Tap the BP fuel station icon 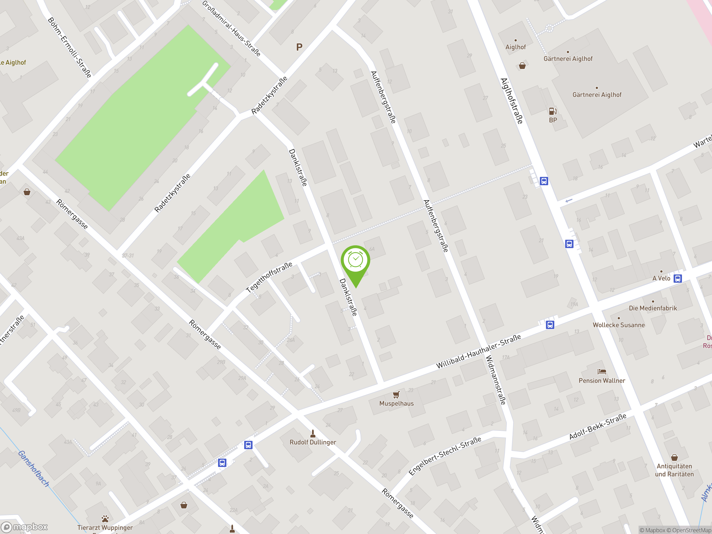coord(553,111)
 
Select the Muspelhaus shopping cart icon coord(396,395)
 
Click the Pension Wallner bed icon coord(602,372)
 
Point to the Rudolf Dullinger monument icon coord(313,434)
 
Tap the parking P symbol coord(299,47)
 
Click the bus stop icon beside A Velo coord(678,278)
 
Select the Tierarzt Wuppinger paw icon coord(105,519)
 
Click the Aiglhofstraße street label coord(511,101)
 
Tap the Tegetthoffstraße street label coord(269,277)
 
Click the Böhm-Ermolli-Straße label coord(70,48)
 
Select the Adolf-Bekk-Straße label coord(598,426)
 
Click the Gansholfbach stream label coord(34,469)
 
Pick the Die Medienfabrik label coord(653,308)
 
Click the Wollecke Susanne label coord(619,325)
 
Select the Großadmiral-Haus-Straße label coord(231,28)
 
